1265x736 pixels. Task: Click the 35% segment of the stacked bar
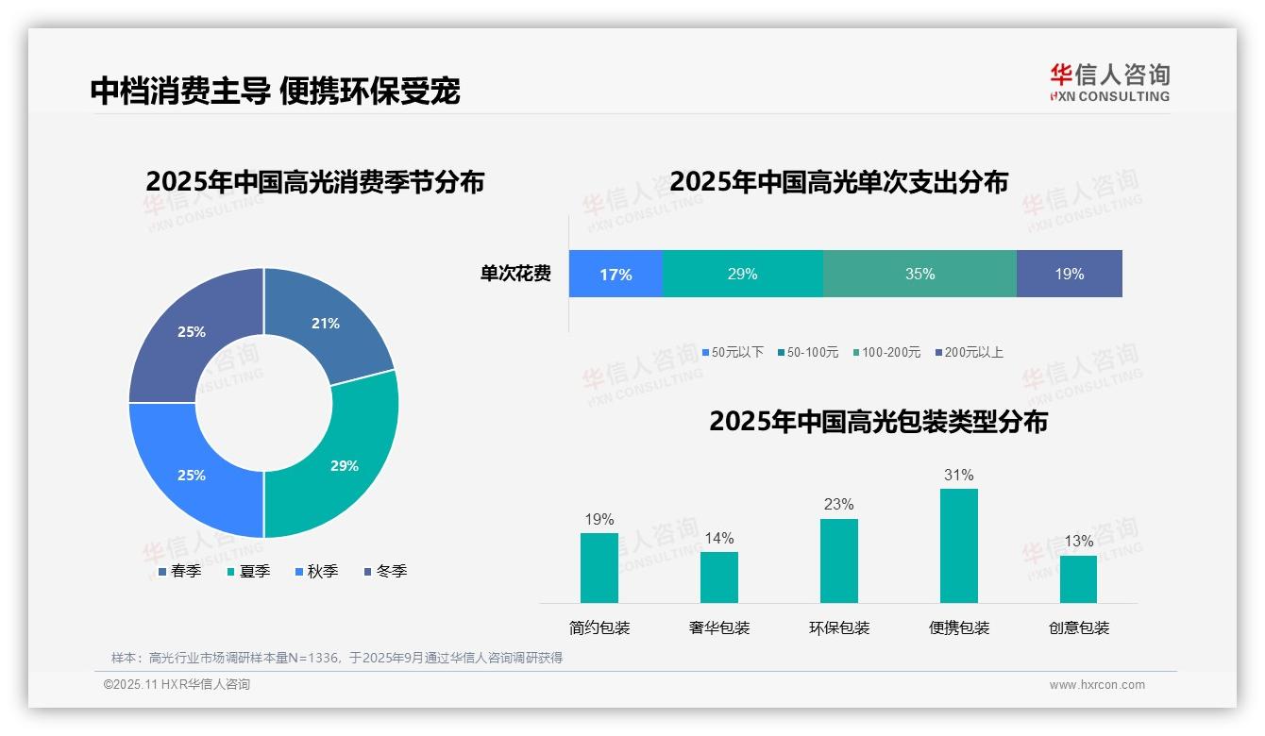tap(919, 274)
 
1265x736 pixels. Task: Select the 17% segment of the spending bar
tap(616, 274)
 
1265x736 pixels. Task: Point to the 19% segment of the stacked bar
tap(1069, 274)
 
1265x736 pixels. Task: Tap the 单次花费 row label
tap(515, 274)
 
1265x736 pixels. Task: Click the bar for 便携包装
tap(958, 545)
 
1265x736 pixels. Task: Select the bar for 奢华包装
tap(718, 577)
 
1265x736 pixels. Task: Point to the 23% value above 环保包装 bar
tap(838, 504)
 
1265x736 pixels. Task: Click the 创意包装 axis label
tap(1078, 627)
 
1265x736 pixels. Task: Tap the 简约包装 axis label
tap(599, 627)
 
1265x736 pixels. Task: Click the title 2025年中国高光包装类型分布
tap(878, 421)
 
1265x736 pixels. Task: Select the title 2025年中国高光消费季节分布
tap(314, 181)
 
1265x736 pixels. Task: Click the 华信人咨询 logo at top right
tap(1109, 81)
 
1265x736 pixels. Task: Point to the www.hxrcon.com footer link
tap(1097, 685)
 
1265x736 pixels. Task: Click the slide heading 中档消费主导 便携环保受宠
tap(275, 91)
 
